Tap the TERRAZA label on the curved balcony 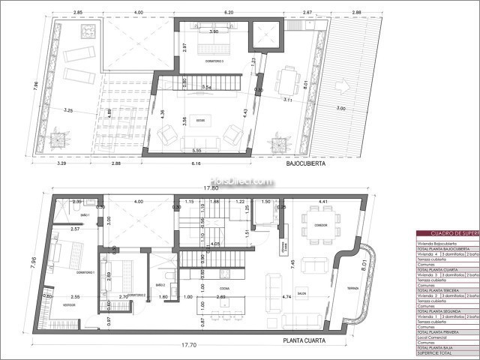(352, 289)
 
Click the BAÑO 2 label (160, 286)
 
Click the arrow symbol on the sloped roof (341, 85)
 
